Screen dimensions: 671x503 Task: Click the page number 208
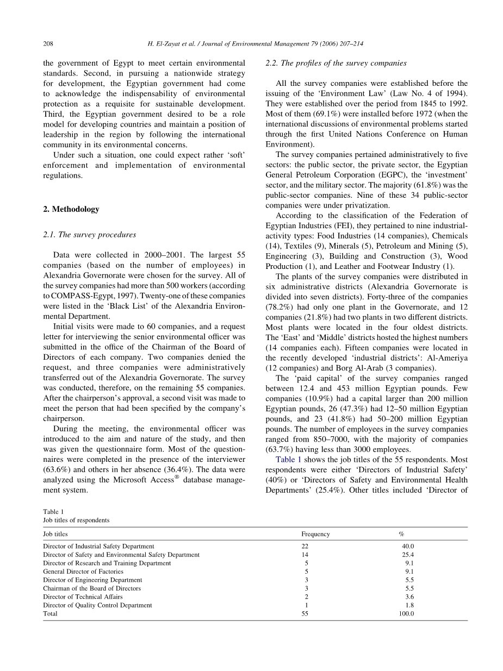[47, 43]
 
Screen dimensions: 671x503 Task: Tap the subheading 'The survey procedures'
[94, 235]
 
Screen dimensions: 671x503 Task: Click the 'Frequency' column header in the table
[315, 534]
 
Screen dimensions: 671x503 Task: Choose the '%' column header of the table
[401, 534]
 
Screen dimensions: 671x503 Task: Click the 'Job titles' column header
[55, 534]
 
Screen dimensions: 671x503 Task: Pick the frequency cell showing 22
[305, 547]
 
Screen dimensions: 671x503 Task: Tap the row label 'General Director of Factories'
[83, 572]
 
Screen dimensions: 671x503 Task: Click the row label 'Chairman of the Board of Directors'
[92, 588]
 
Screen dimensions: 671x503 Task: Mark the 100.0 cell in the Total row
[406, 614]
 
